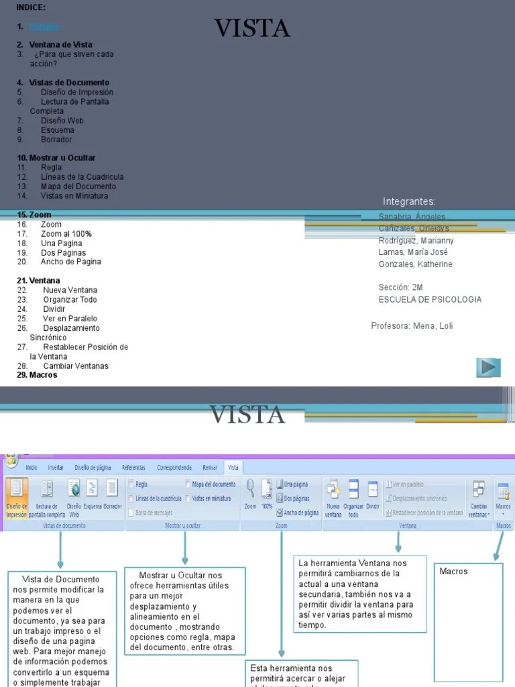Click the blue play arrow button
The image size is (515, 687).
click(489, 367)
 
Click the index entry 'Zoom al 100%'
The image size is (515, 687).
click(66, 233)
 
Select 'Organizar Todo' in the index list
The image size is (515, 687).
click(70, 300)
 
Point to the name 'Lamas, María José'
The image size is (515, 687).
click(413, 252)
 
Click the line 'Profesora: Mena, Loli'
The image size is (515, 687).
click(412, 326)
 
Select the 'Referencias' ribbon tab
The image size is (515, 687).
click(133, 467)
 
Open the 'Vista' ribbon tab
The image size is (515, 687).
click(233, 467)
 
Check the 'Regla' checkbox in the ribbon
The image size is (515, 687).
click(131, 484)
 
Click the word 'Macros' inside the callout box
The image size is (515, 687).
click(453, 571)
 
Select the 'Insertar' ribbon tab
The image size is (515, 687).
click(56, 467)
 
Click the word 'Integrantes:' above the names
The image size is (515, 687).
click(409, 201)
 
